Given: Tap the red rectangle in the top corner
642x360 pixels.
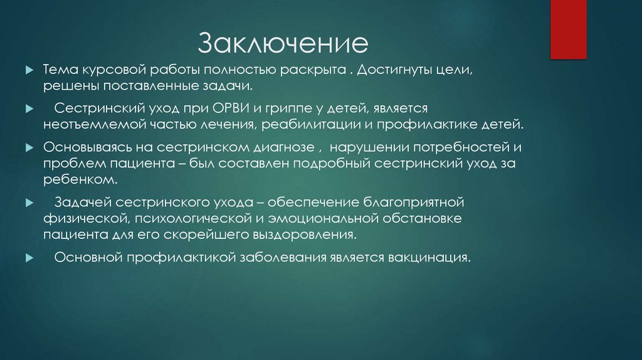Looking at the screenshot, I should coord(567,29).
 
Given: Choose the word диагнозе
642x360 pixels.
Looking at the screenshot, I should coord(276,149).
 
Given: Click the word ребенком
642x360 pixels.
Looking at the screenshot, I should coord(80,178).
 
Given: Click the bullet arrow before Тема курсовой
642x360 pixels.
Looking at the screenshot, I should coord(28,69).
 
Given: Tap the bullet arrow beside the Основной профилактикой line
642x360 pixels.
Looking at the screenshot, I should coord(28,258).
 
